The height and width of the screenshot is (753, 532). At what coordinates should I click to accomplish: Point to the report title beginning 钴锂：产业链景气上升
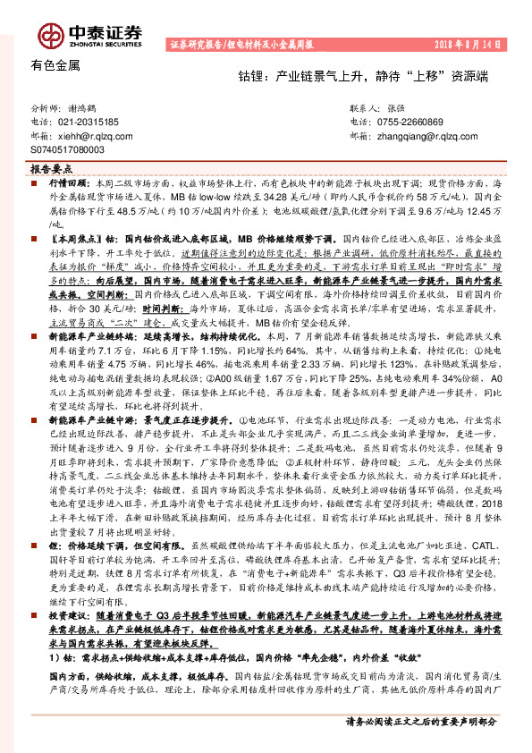tap(368, 78)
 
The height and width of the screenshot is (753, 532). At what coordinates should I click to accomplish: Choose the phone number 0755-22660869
tap(408, 121)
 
